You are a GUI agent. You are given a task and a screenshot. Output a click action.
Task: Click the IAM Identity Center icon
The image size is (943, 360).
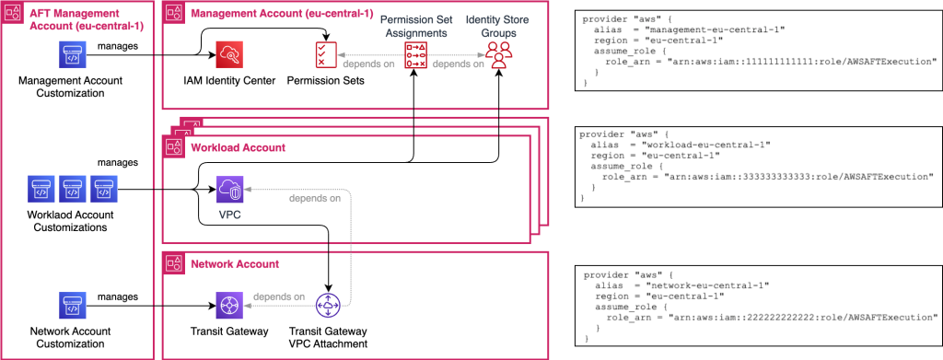[x=228, y=56]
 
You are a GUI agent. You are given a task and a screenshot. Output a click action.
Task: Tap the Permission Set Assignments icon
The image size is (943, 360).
[x=415, y=56]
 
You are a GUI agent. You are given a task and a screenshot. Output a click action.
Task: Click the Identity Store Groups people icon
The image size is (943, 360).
[x=498, y=54]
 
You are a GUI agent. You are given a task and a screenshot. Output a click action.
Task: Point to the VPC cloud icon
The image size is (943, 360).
[x=228, y=192]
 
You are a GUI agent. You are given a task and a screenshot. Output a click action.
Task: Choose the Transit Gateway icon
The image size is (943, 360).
[x=228, y=303]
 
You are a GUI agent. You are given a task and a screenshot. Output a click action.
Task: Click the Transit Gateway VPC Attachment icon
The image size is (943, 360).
[x=328, y=303]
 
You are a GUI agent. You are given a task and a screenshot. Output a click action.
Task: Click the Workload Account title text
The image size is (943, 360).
[x=239, y=147]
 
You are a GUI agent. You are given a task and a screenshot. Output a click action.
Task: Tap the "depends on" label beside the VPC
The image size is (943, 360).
[x=314, y=199]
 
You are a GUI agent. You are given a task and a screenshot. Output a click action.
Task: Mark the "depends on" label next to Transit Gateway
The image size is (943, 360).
[x=279, y=296]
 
